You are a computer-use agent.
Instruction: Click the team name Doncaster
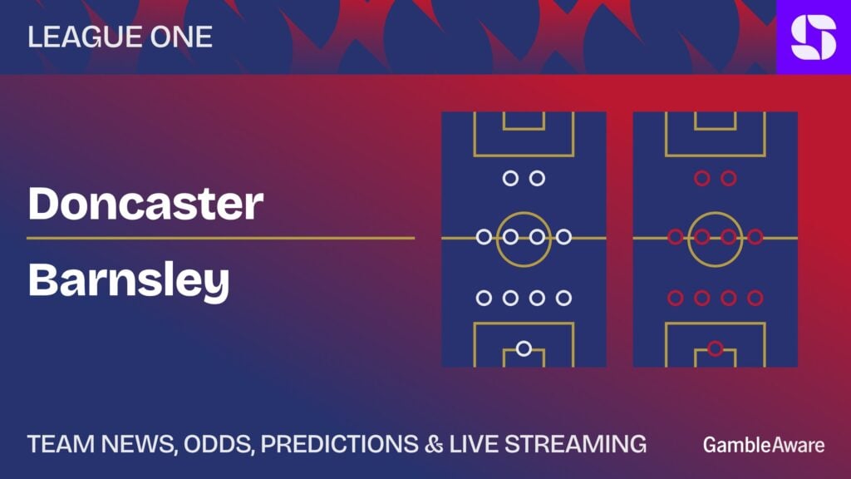coord(145,203)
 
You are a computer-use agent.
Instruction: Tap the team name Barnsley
coord(129,280)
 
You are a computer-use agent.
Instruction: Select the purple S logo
coord(814,37)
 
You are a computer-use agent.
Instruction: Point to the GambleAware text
coord(764,445)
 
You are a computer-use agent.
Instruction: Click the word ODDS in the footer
coord(218,444)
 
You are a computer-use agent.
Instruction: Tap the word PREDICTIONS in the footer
coord(340,444)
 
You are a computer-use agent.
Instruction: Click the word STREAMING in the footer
coord(575,444)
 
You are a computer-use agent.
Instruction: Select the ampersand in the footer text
coord(434,444)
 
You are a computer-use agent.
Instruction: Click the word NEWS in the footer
coord(139,444)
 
